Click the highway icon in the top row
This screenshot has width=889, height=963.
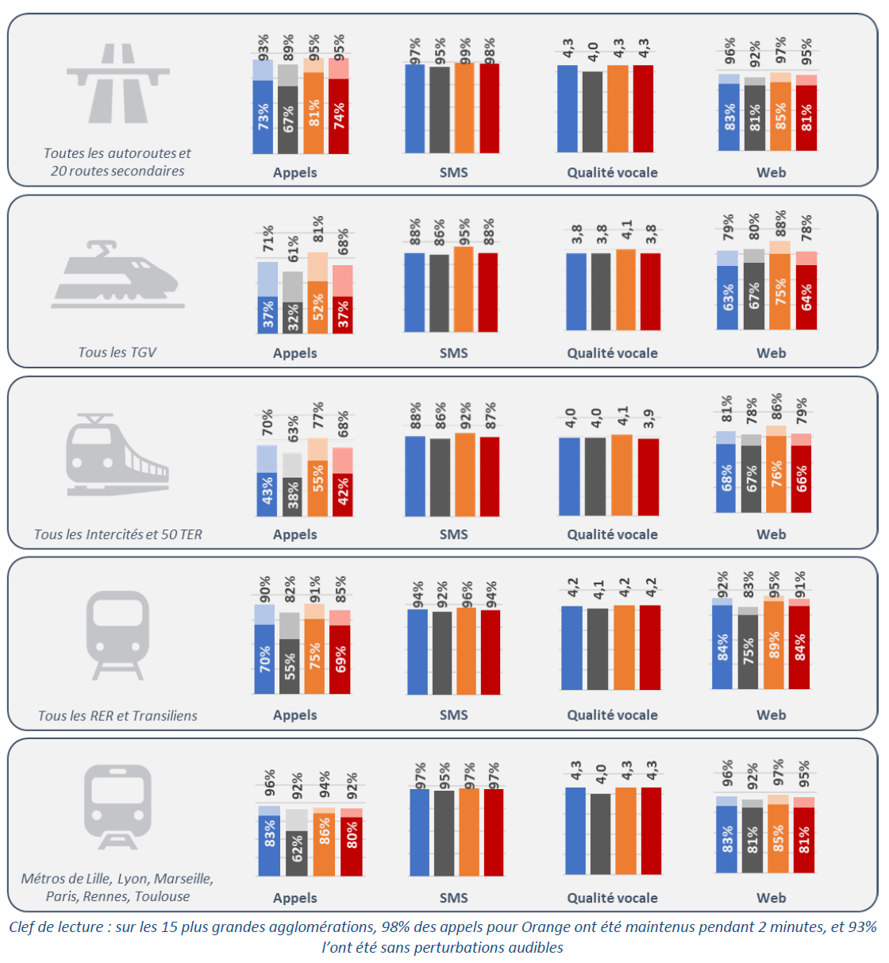pyautogui.click(x=117, y=83)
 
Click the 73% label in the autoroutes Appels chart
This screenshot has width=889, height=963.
pyautogui.click(x=263, y=117)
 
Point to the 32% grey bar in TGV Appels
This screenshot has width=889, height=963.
pyautogui.click(x=293, y=318)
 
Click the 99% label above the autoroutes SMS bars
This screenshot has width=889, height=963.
pyautogui.click(x=466, y=50)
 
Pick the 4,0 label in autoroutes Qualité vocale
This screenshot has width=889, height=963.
pyautogui.click(x=593, y=52)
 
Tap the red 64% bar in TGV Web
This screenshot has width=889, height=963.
pyautogui.click(x=806, y=297)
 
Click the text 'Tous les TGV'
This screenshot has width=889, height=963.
pyautogui.click(x=117, y=352)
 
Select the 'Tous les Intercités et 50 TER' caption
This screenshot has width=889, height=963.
pyautogui.click(x=117, y=534)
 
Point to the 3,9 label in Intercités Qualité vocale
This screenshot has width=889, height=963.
pyautogui.click(x=648, y=418)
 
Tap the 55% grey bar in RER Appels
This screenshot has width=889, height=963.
pyautogui.click(x=290, y=666)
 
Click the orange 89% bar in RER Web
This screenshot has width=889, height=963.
pyautogui.click(x=774, y=644)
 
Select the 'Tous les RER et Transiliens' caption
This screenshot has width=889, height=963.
pyautogui.click(x=117, y=715)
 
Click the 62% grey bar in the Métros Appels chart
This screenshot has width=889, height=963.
pyautogui.click(x=297, y=853)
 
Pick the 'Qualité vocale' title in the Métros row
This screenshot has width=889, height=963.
pyautogui.click(x=612, y=898)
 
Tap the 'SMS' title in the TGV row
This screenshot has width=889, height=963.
pyautogui.click(x=453, y=353)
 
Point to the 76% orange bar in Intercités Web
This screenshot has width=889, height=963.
pyautogui.click(x=776, y=474)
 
